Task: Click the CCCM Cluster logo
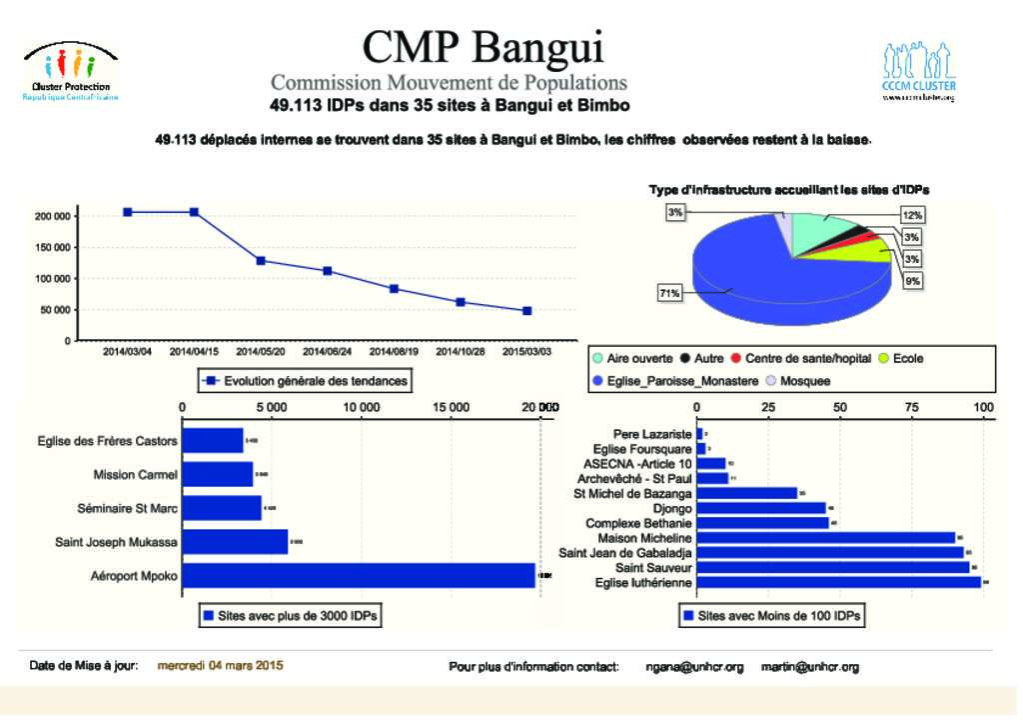coord(919,72)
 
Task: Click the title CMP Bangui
coord(483,46)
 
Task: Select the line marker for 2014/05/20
coord(261,260)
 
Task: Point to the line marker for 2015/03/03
coord(527,311)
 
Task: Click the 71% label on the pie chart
coord(669,293)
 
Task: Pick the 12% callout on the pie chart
coord(911,215)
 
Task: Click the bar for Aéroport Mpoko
coord(360,576)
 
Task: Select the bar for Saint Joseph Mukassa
coord(236,542)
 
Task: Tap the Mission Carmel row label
coord(135,475)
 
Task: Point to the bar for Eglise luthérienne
coord(839,582)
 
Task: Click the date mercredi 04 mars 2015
coord(221,666)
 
